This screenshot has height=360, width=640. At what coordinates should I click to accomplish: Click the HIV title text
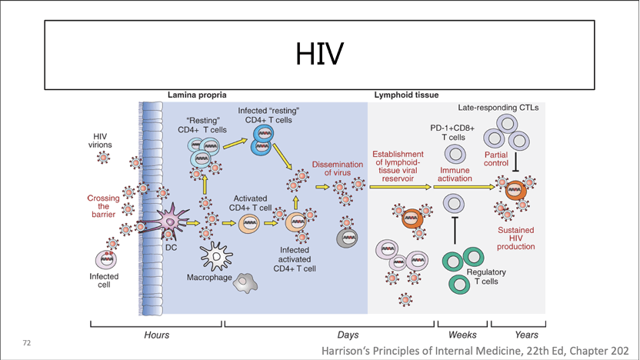click(x=319, y=55)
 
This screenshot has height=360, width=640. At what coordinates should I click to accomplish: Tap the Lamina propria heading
click(x=197, y=95)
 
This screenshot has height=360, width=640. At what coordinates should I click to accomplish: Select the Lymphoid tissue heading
click(x=406, y=95)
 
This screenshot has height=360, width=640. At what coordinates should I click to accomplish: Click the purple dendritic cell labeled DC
click(x=170, y=224)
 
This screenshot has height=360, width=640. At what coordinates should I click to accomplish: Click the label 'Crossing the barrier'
click(x=103, y=206)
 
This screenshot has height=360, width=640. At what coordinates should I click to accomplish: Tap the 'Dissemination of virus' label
click(x=337, y=168)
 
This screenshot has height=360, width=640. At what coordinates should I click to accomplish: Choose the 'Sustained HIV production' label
click(x=515, y=238)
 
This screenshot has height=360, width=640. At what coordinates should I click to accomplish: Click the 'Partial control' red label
click(x=496, y=159)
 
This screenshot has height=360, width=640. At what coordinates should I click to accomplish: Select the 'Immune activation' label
click(x=455, y=175)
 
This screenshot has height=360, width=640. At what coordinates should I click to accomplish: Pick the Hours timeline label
click(x=156, y=335)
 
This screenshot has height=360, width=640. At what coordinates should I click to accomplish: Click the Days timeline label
click(x=348, y=335)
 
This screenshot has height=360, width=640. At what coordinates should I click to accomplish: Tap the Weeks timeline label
click(x=462, y=335)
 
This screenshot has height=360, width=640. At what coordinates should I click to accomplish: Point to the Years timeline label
click(x=526, y=335)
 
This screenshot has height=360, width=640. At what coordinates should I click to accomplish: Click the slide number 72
click(x=27, y=342)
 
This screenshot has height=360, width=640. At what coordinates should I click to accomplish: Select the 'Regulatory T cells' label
click(x=486, y=277)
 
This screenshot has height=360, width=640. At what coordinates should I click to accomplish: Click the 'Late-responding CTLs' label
click(x=498, y=108)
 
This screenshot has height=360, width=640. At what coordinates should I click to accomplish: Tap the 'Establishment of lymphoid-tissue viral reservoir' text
click(x=398, y=167)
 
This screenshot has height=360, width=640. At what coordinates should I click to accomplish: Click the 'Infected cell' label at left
click(x=104, y=280)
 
